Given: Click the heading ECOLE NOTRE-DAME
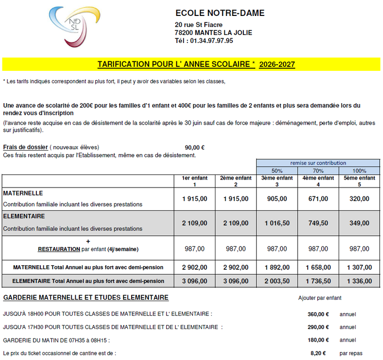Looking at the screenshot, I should pyautogui.click(x=220, y=13).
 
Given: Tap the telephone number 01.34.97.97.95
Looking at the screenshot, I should pyautogui.click(x=211, y=41).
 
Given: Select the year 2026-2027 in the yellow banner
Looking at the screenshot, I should pyautogui.click(x=277, y=64).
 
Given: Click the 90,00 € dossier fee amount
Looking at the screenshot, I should pyautogui.click(x=194, y=148).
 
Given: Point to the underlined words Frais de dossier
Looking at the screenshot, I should pyautogui.click(x=25, y=148).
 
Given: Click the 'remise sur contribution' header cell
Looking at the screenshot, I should pyautogui.click(x=318, y=163).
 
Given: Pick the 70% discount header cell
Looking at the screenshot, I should pyautogui.click(x=318, y=171).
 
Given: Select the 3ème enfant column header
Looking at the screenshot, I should pyautogui.click(x=277, y=181).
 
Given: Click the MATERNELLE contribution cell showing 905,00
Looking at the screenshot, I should pyautogui.click(x=277, y=198).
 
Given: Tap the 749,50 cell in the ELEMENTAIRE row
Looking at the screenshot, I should pyautogui.click(x=318, y=223).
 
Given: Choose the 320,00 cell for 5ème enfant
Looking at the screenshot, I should pyautogui.click(x=359, y=198).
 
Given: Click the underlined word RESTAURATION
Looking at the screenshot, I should pyautogui.click(x=59, y=249).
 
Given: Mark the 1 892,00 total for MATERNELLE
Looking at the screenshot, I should pyautogui.click(x=277, y=267).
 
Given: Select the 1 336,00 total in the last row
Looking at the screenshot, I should pyautogui.click(x=359, y=281).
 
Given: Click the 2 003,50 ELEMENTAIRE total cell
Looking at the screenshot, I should pyautogui.click(x=277, y=281).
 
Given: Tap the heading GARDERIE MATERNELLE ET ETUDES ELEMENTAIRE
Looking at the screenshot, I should pyautogui.click(x=86, y=298).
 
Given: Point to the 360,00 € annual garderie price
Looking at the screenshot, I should pyautogui.click(x=318, y=314).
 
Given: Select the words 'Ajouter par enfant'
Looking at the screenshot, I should pyautogui.click(x=320, y=298).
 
